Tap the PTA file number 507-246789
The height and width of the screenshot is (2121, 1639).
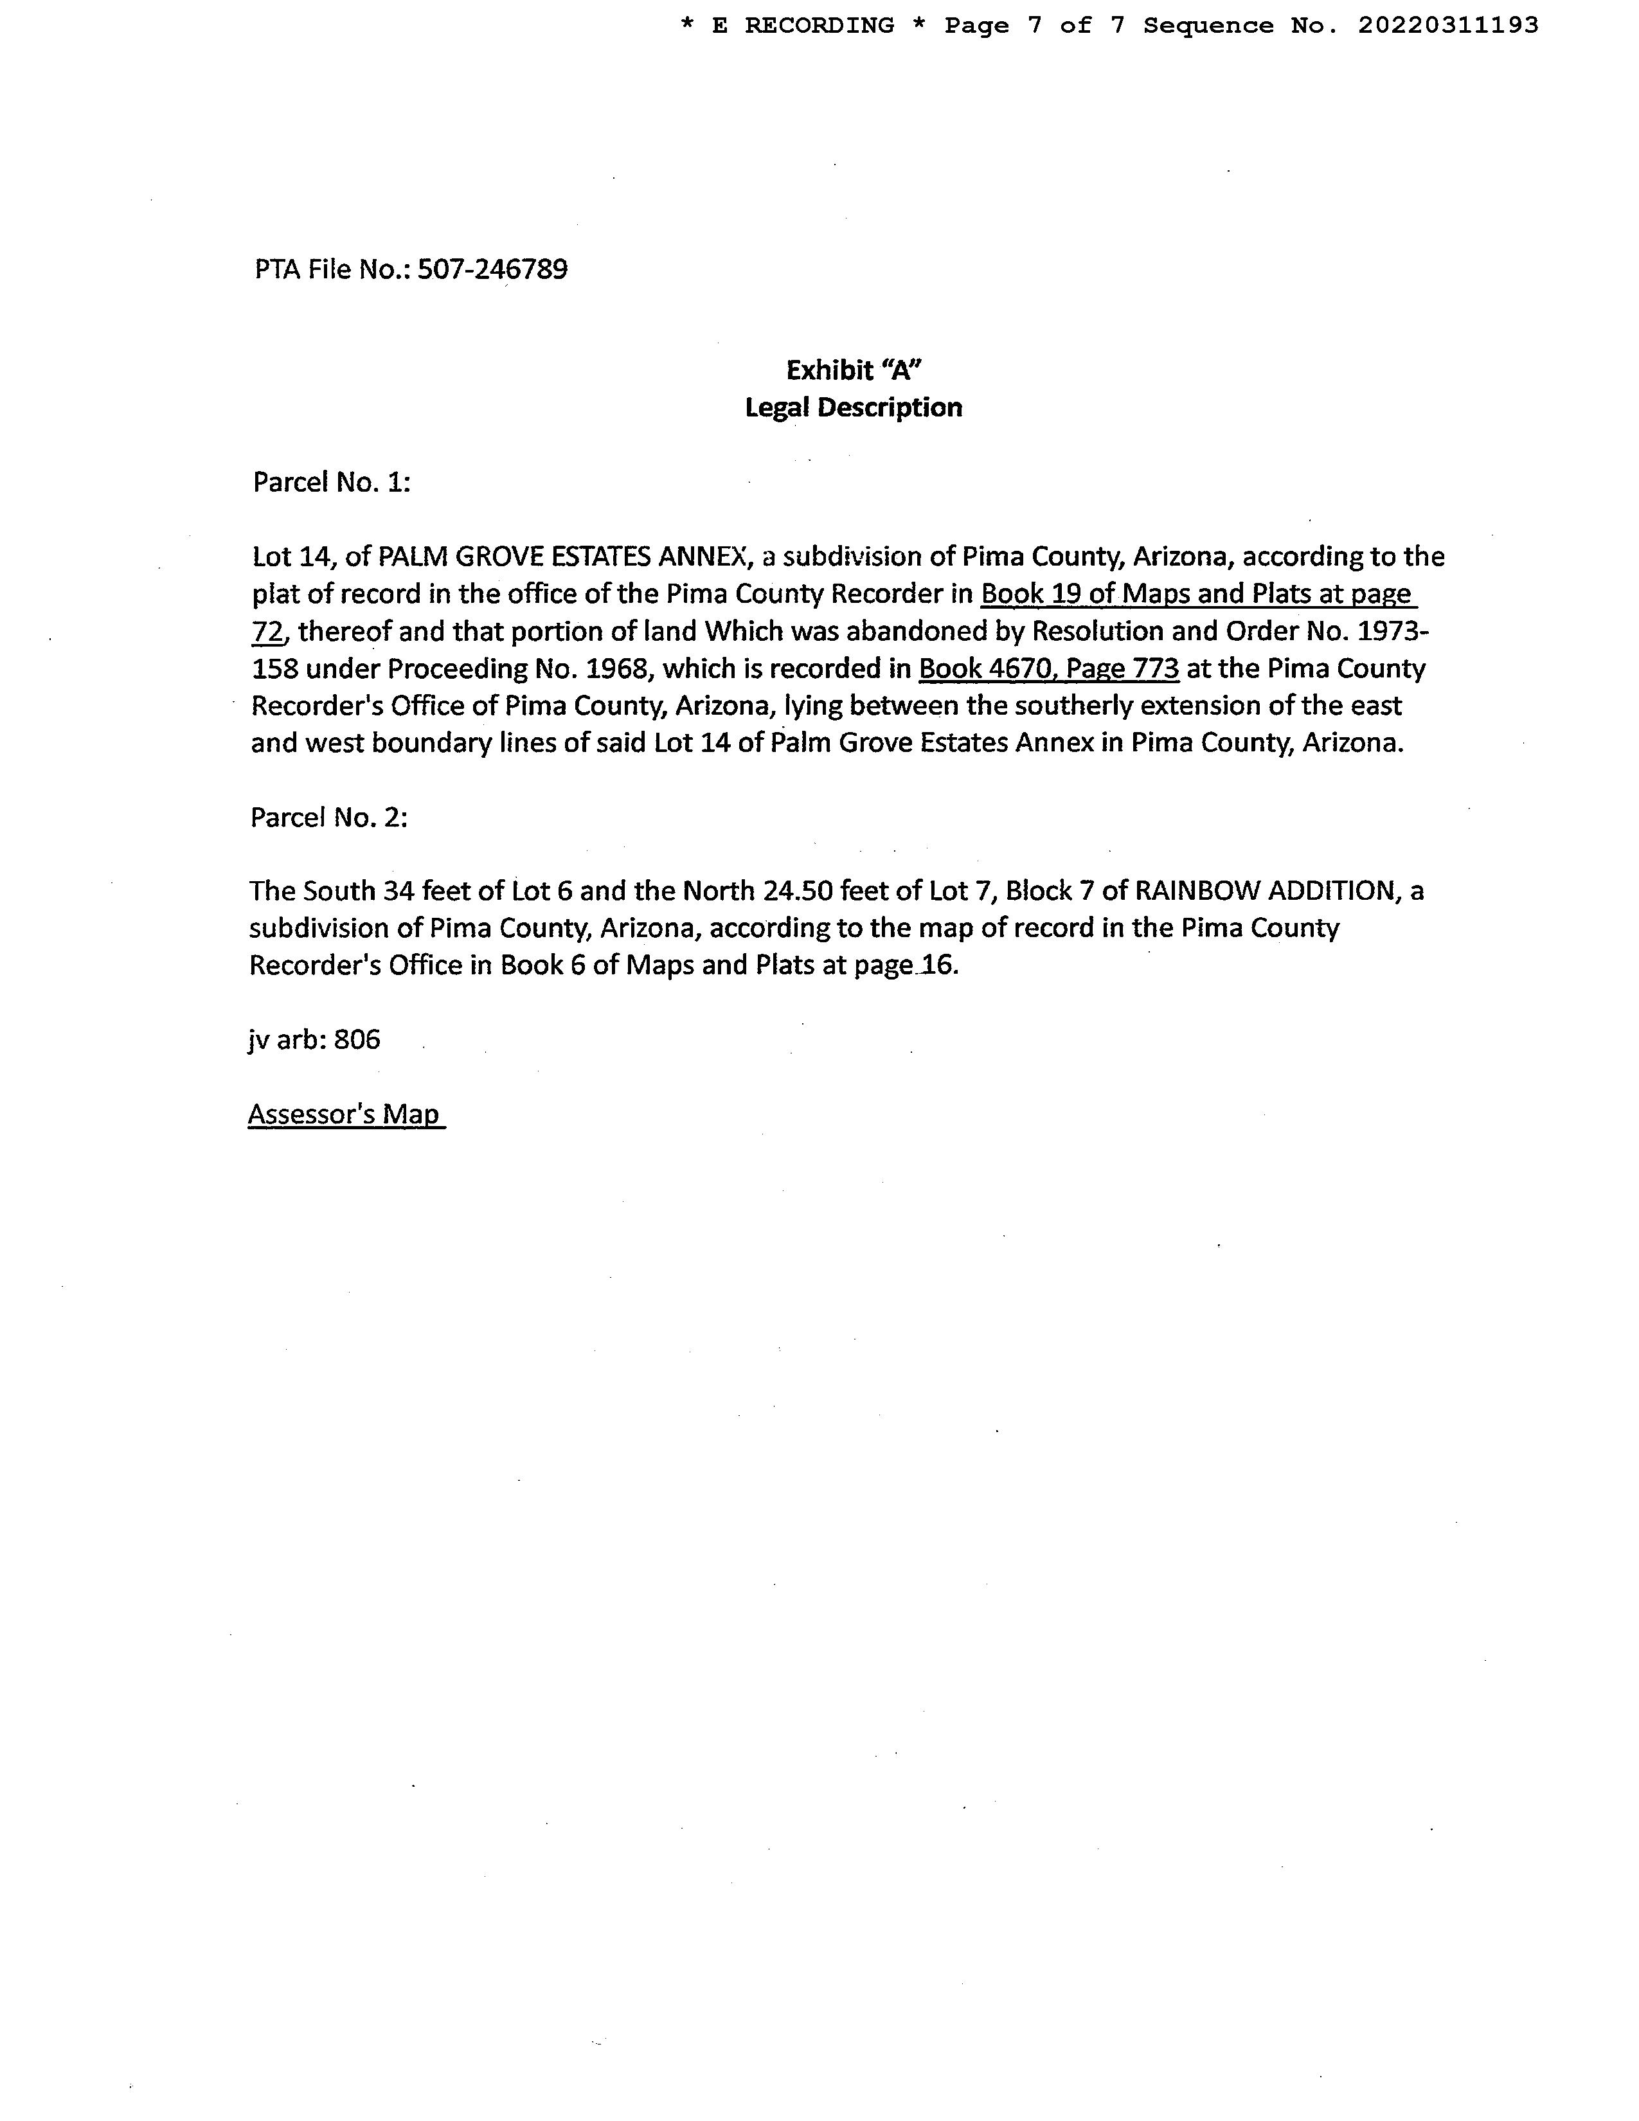[492, 269]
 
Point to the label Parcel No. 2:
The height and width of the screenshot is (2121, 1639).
[328, 818]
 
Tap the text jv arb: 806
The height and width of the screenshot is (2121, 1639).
[314, 1040]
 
